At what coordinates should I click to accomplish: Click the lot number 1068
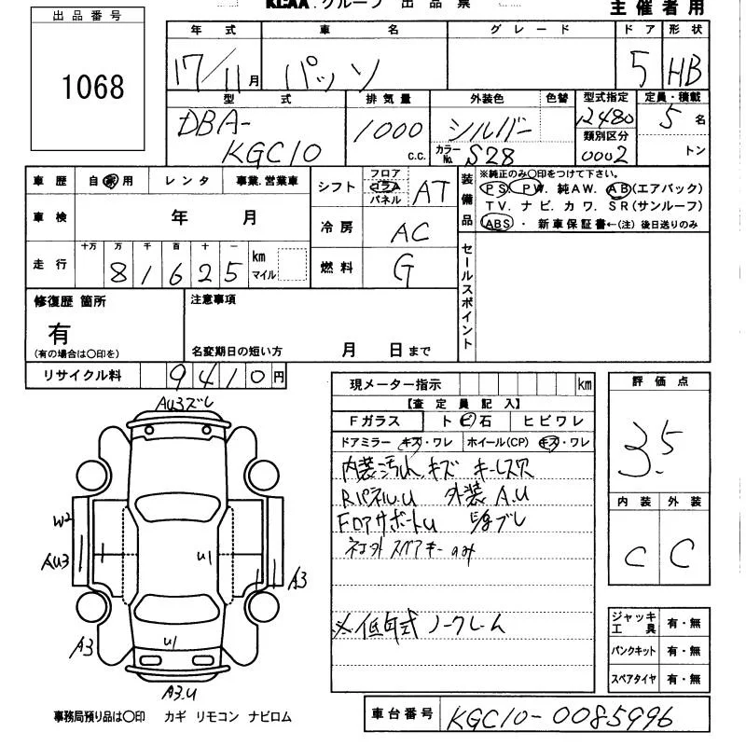(92, 87)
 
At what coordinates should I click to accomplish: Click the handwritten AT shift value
(431, 193)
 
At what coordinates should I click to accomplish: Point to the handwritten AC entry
(411, 232)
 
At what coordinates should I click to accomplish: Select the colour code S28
(491, 154)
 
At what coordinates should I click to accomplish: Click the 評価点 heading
(659, 381)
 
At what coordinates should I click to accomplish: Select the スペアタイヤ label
(634, 680)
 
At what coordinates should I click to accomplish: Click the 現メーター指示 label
(390, 384)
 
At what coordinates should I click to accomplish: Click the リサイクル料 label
(83, 375)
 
